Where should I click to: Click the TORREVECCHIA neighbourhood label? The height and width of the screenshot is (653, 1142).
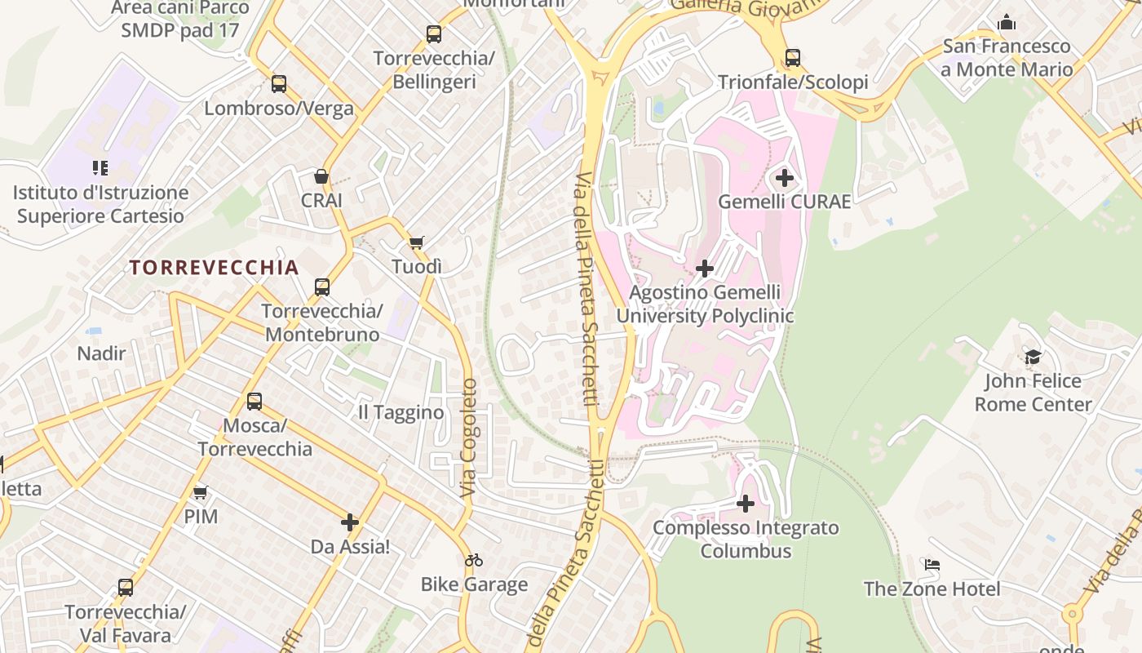[214, 268]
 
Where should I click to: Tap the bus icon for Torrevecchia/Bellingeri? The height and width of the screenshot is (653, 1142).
[434, 34]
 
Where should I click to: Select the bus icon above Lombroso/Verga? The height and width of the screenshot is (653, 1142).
[279, 84]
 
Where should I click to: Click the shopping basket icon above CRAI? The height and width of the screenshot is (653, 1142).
[321, 176]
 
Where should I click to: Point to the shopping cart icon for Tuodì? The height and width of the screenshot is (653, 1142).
[417, 242]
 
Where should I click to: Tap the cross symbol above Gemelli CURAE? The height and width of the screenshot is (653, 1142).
[785, 177]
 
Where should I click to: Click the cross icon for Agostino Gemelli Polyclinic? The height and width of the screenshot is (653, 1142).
[705, 268]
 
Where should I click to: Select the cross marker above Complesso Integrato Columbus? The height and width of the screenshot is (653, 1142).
[746, 504]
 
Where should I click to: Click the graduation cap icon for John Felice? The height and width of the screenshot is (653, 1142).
[1033, 357]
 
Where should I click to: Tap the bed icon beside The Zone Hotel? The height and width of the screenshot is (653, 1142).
[932, 565]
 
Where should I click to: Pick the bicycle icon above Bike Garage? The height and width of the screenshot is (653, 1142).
[474, 560]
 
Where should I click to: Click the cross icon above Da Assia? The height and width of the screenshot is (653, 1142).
[350, 522]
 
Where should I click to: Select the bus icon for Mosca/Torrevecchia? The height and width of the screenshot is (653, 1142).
[255, 402]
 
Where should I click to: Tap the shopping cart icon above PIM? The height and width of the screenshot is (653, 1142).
[201, 492]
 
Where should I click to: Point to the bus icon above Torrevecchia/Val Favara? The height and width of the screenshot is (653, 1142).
[126, 588]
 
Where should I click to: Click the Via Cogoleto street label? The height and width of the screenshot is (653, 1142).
[468, 438]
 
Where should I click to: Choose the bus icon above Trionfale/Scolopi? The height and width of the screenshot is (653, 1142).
[793, 58]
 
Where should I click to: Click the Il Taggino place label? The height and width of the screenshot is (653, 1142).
[401, 413]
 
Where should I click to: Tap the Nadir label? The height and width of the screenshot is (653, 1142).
[101, 353]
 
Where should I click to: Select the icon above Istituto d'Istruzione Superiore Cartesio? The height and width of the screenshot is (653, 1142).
[100, 168]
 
